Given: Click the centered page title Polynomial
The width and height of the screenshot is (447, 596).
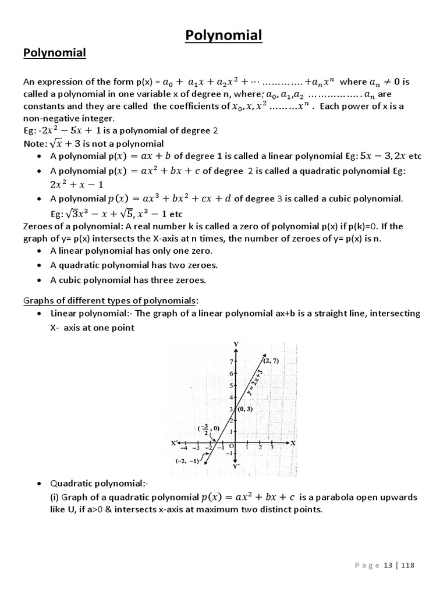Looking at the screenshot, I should pos(223,36).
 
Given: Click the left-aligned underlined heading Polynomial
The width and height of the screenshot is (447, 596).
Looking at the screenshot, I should pos(55,54).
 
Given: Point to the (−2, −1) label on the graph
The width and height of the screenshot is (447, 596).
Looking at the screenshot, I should pos(187,460).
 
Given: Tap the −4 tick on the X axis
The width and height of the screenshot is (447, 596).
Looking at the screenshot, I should pos(184,448).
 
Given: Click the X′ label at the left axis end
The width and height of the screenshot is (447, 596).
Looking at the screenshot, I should pos(173,443).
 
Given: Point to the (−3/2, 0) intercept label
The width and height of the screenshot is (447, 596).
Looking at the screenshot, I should pos(208,430).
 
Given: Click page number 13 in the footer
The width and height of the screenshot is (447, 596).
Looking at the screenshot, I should pos(388,565).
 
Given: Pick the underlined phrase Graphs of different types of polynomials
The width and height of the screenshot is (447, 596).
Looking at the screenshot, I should pos(110,300).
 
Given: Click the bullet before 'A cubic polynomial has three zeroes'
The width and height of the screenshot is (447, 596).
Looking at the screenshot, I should pos(38,281).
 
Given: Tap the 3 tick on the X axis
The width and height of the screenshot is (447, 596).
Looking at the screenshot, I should pos(271,448).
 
